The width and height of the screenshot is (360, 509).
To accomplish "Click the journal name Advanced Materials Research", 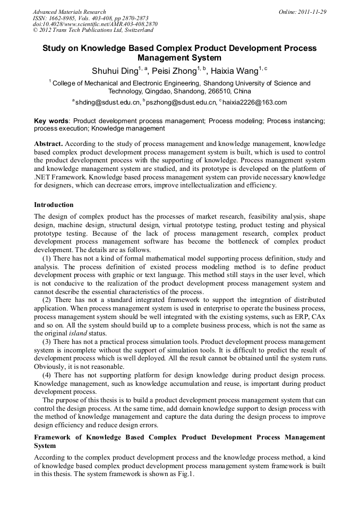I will tap(69, 12).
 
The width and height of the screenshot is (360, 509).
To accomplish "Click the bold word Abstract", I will tap(48, 144).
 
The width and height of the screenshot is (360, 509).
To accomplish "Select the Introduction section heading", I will tap(54, 204).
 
